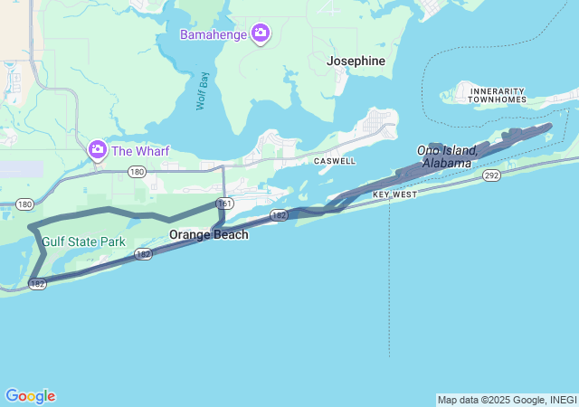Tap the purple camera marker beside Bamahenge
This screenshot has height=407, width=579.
(x=261, y=34)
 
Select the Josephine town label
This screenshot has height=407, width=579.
(x=356, y=62)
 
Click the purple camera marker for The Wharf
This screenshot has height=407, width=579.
(x=97, y=148)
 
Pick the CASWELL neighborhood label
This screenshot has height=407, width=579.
(x=335, y=161)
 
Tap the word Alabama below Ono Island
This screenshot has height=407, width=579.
(x=447, y=163)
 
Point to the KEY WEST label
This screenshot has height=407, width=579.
(x=394, y=194)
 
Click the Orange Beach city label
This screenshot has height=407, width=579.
(x=209, y=234)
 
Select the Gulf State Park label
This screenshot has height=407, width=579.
(x=83, y=242)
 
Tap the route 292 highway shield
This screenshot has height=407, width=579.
(x=490, y=175)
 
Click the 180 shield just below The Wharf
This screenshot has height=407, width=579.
(x=137, y=171)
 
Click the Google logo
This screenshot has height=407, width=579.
(x=30, y=396)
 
